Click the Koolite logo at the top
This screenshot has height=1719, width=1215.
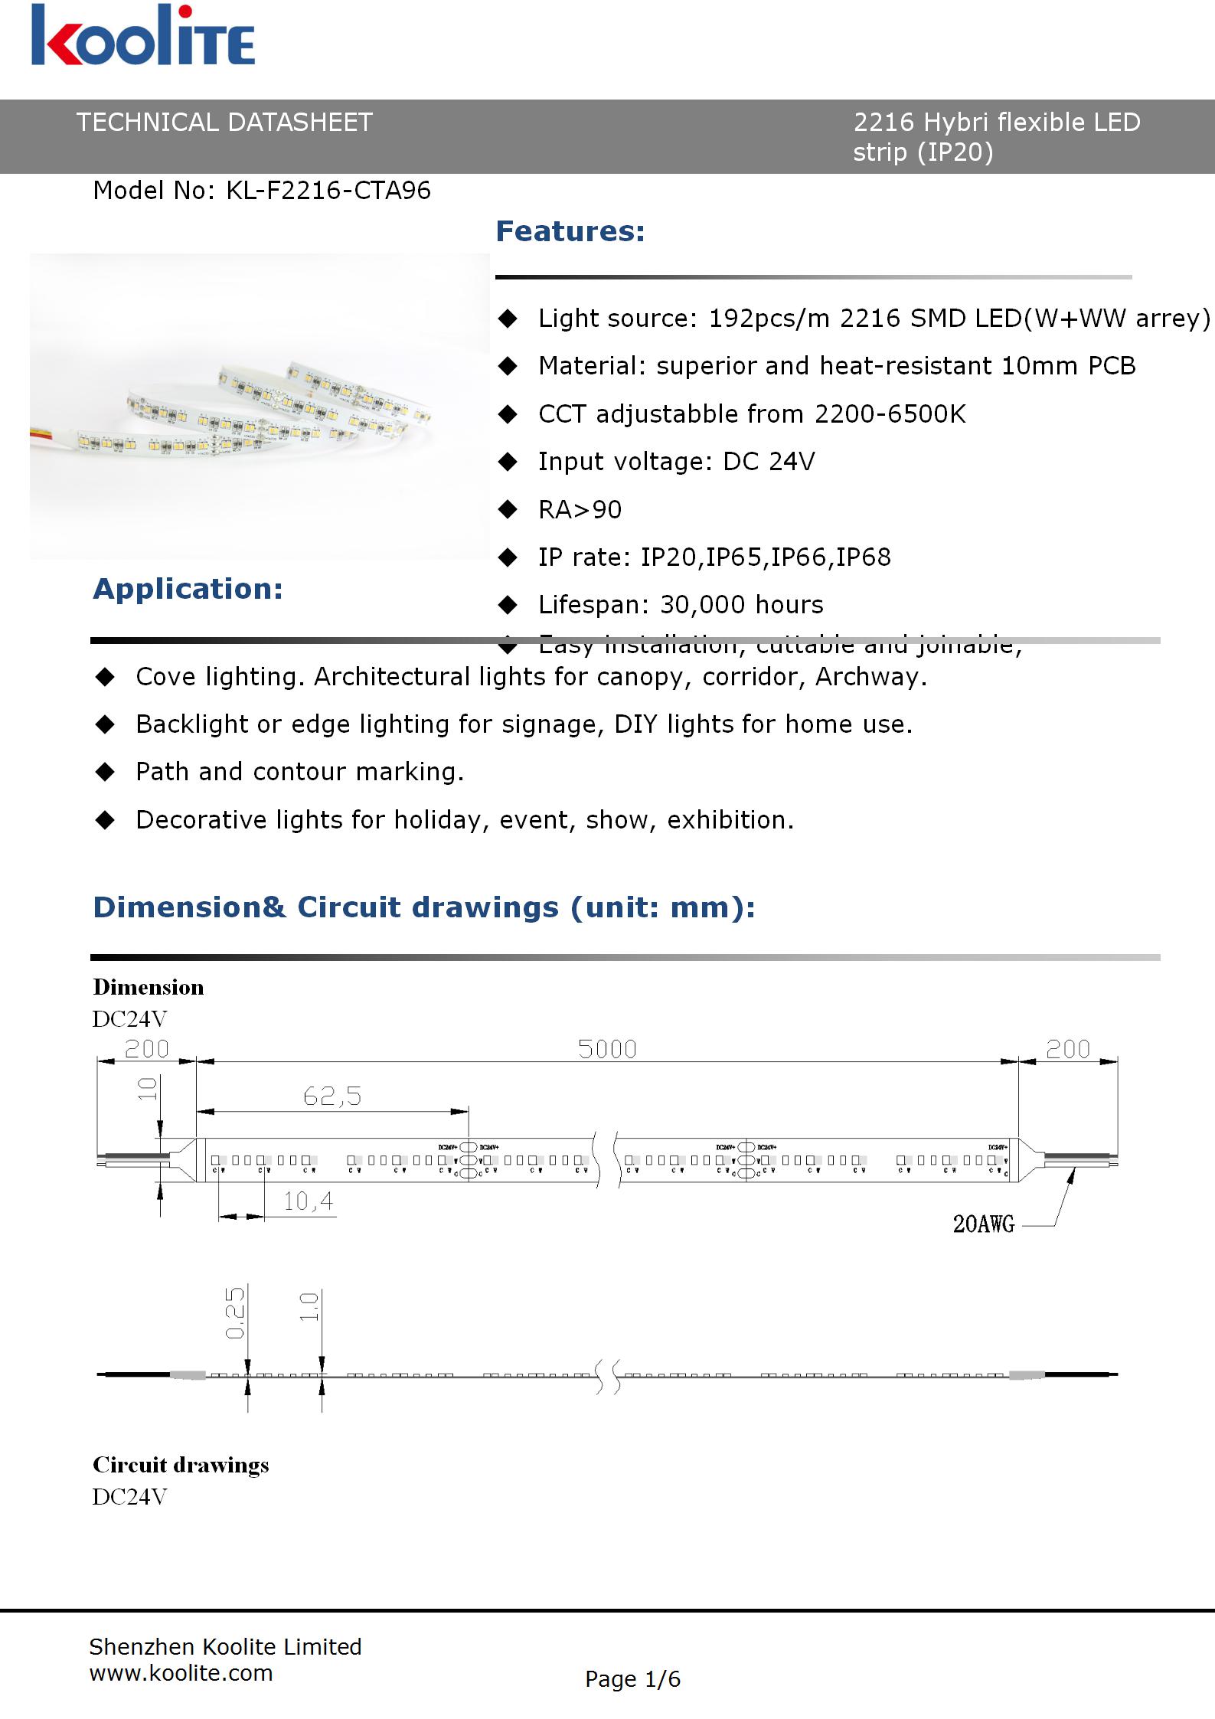[x=143, y=36]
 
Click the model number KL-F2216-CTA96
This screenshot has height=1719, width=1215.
[x=328, y=191]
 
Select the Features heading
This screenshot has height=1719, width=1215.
[x=570, y=231]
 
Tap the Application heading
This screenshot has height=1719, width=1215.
[x=188, y=589]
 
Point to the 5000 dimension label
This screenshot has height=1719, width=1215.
[x=607, y=1049]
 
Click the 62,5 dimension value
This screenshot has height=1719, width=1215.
[x=332, y=1096]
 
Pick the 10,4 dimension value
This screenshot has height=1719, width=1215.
[x=308, y=1201]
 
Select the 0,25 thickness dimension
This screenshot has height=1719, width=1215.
[x=235, y=1312]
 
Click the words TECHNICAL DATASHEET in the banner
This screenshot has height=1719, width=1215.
[x=224, y=123]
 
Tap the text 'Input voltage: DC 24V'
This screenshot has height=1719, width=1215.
[x=676, y=462]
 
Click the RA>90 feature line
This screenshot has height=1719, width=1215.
[x=580, y=510]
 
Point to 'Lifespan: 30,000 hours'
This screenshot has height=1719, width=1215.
[x=681, y=605]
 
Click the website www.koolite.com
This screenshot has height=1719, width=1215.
[x=181, y=1672]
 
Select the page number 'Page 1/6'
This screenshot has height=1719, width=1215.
[x=632, y=1679]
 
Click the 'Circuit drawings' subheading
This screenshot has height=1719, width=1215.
[x=181, y=1465]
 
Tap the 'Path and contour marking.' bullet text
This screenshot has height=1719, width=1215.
[x=299, y=772]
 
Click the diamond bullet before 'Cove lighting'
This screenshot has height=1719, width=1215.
[x=104, y=677]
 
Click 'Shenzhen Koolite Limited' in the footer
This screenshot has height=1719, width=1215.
[x=225, y=1646]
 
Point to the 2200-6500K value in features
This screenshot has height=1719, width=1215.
[x=890, y=414]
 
